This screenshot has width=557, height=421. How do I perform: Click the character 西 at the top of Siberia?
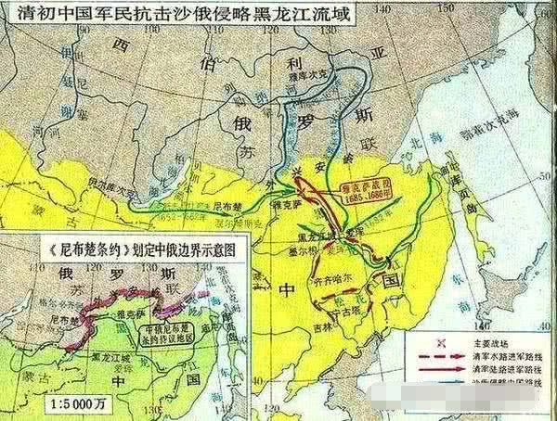(x=119, y=44)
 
